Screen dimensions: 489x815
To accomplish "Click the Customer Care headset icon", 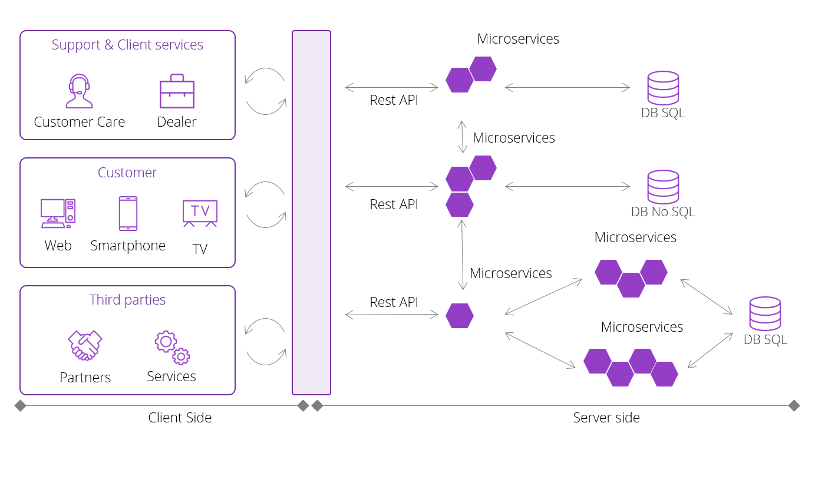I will pyautogui.click(x=79, y=91).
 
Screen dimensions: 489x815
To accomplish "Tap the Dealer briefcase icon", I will pyautogui.click(x=177, y=91).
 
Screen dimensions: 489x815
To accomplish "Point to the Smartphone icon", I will pyautogui.click(x=128, y=213).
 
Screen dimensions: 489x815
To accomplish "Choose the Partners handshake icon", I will pyautogui.click(x=85, y=345).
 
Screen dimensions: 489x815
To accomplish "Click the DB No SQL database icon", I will pyautogui.click(x=663, y=187).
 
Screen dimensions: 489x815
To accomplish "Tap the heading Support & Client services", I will pyautogui.click(x=127, y=45).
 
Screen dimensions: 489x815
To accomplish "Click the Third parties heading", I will pyautogui.click(x=127, y=300).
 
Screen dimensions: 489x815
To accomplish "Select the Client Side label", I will pyautogui.click(x=180, y=418).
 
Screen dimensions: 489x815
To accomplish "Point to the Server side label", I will pyautogui.click(x=606, y=418).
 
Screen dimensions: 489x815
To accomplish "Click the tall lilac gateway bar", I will pyautogui.click(x=311, y=212).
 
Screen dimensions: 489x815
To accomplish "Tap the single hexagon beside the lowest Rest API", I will pyautogui.click(x=460, y=316).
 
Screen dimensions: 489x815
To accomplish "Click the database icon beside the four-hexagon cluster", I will pyautogui.click(x=765, y=313).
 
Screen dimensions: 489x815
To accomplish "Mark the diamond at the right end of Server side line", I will pyautogui.click(x=794, y=405).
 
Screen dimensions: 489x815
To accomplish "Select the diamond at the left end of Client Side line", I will pyautogui.click(x=21, y=405).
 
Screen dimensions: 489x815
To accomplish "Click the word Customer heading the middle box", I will pyautogui.click(x=127, y=173).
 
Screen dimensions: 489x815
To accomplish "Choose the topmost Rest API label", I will pyautogui.click(x=394, y=100).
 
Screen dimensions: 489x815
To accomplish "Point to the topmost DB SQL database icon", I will pyautogui.click(x=663, y=88).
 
